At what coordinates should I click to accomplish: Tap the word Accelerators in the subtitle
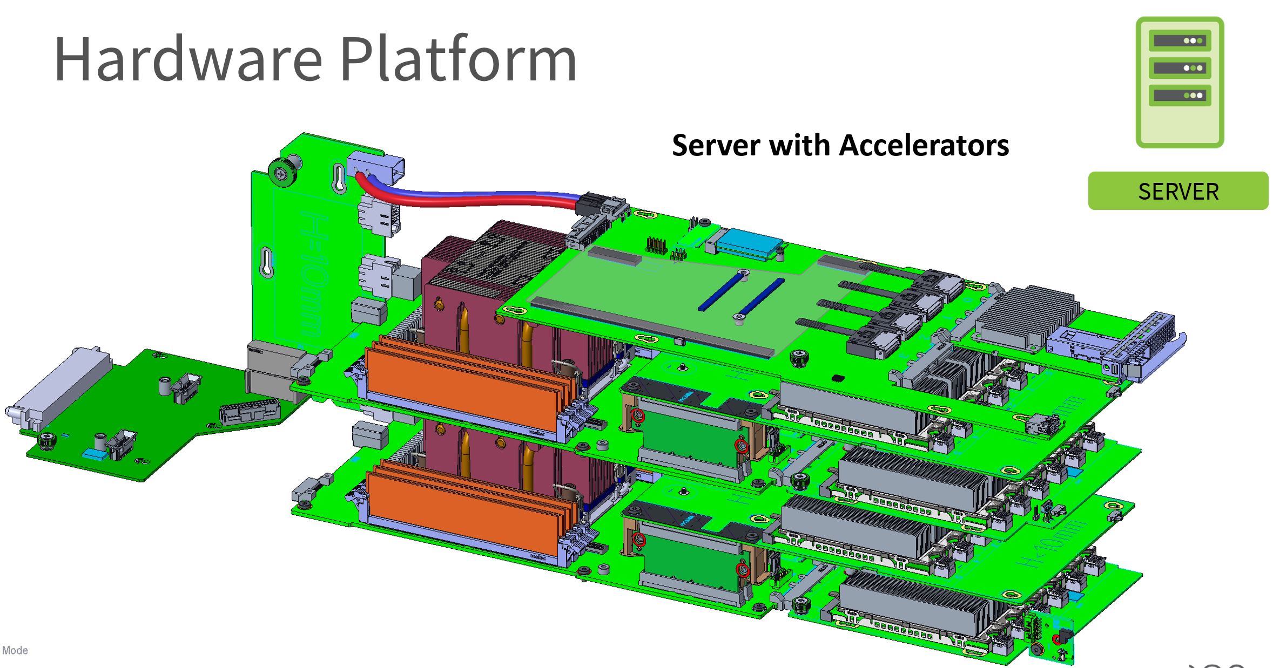[924, 146]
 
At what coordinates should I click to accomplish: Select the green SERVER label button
[1178, 191]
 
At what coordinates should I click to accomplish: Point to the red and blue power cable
[470, 195]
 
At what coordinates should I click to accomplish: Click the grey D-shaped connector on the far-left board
[59, 386]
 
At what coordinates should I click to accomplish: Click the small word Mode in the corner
[15, 650]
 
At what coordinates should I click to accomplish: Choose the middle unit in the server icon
[1180, 68]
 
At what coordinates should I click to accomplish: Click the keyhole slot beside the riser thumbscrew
[339, 178]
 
